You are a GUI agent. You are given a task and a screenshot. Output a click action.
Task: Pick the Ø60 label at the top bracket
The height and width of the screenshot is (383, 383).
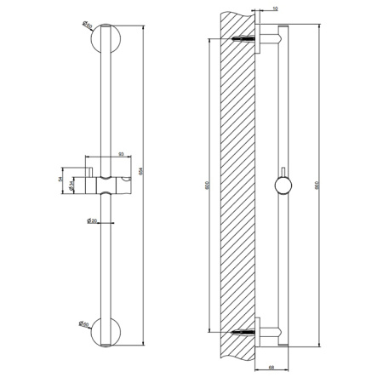point(89,26)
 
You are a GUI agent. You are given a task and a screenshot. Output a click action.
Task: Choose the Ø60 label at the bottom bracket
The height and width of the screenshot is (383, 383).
point(89,323)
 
